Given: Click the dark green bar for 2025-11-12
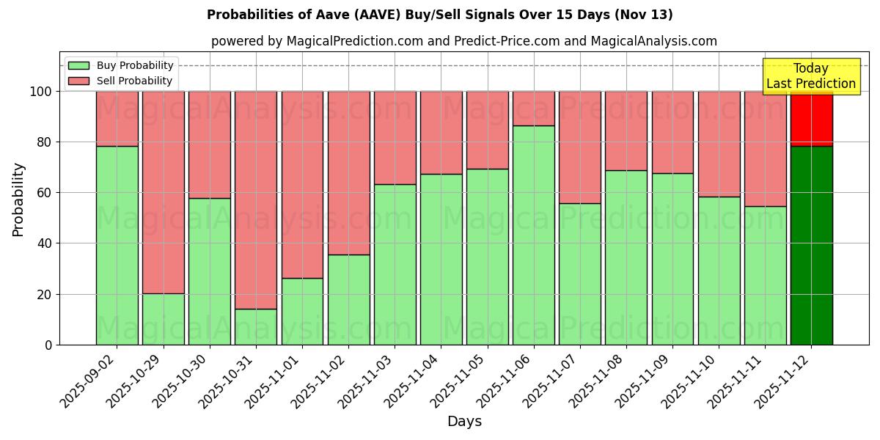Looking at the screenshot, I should pyautogui.click(x=811, y=245).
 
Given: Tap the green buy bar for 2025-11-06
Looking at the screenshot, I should pyautogui.click(x=533, y=235).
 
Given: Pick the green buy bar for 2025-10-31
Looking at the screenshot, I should pyautogui.click(x=256, y=326).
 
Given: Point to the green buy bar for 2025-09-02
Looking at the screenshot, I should pyautogui.click(x=117, y=245).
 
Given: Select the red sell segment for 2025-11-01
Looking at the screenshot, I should pyautogui.click(x=302, y=184).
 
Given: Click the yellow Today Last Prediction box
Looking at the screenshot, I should pyautogui.click(x=811, y=76).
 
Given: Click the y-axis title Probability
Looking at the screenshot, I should pyautogui.click(x=18, y=199).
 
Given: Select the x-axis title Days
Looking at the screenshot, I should pyautogui.click(x=464, y=422).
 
